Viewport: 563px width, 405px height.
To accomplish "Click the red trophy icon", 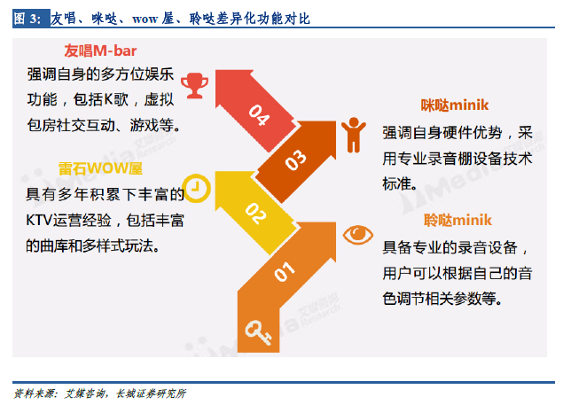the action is (194, 85).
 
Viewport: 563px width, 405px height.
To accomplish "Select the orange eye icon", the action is (357, 235).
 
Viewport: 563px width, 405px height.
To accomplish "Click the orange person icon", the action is (354, 135).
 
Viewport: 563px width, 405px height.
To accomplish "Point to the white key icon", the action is (258, 332).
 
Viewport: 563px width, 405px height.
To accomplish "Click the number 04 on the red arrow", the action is (259, 114).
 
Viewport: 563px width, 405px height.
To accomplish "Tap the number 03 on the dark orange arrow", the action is (296, 160).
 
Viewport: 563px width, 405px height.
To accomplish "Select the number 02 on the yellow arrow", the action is (255, 214).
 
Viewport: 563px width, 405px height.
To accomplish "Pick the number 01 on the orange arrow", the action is (285, 271).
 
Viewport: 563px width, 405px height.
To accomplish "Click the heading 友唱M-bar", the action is (100, 51).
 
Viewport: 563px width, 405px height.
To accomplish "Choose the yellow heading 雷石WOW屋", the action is (100, 168).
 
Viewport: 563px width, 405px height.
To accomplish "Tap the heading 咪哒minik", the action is (455, 105).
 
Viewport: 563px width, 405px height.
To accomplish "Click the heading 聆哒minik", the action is (457, 220).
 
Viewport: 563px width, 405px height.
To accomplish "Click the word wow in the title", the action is (145, 19).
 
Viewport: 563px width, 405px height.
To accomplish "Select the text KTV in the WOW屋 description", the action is (39, 220).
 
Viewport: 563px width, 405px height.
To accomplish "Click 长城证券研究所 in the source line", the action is (151, 393).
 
